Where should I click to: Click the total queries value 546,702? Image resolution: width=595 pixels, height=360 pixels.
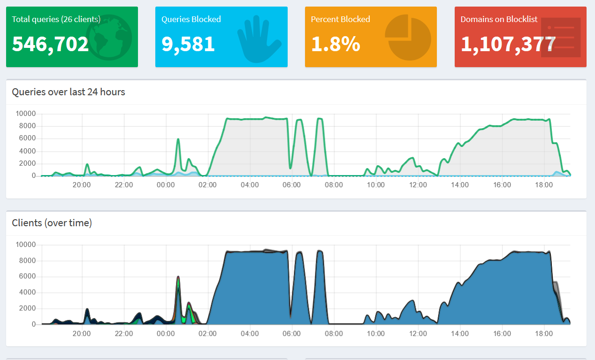[50, 44]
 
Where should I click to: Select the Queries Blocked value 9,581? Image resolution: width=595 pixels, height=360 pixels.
[188, 44]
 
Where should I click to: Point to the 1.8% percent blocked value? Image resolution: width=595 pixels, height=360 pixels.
[336, 44]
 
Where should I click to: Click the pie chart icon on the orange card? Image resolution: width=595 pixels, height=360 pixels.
[408, 37]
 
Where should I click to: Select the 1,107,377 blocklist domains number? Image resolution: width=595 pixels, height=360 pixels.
[508, 44]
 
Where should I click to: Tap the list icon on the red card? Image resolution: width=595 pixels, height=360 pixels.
[560, 38]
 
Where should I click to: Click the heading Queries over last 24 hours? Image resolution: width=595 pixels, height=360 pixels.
[69, 92]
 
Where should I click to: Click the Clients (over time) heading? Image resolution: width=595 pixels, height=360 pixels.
[52, 223]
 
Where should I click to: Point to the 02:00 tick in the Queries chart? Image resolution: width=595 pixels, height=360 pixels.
[207, 185]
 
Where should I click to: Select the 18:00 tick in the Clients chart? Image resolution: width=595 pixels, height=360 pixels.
[544, 334]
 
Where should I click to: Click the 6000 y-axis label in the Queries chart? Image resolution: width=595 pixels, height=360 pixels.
[26, 138]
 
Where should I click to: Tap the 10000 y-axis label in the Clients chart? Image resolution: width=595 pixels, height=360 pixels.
[26, 245]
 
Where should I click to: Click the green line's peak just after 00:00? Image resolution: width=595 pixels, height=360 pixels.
[178, 139]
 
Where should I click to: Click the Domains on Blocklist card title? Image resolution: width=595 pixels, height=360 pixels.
[499, 19]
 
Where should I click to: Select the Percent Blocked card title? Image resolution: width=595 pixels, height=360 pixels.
[340, 19]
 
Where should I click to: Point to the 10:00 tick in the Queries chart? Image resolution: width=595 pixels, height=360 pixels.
[375, 185]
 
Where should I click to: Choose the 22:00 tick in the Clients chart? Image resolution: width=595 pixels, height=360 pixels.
[124, 334]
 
